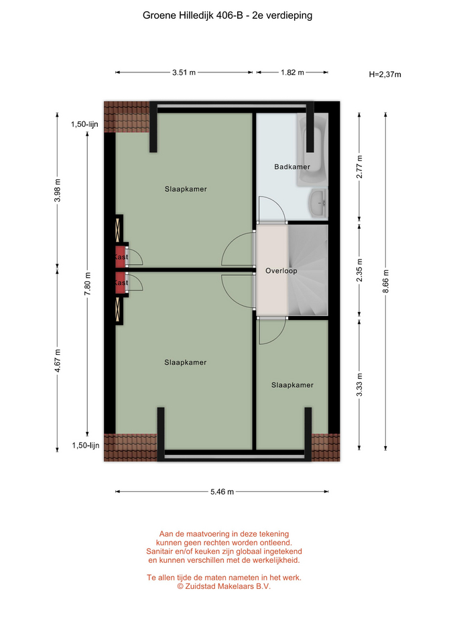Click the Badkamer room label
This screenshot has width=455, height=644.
pyautogui.click(x=292, y=167)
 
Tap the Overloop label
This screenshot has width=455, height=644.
pyautogui.click(x=281, y=270)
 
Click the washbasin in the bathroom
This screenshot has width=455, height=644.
pyautogui.click(x=318, y=203)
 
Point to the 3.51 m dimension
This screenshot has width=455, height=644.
pyautogui.click(x=184, y=72)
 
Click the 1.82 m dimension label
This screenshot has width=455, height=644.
pyautogui.click(x=292, y=72)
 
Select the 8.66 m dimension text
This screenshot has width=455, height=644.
pyautogui.click(x=386, y=281)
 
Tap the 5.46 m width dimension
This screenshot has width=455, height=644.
pyautogui.click(x=222, y=492)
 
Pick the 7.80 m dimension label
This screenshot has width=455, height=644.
pyautogui.click(x=87, y=283)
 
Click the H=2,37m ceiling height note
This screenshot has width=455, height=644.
pyautogui.click(x=385, y=74)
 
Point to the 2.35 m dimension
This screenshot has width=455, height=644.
pyautogui.click(x=359, y=270)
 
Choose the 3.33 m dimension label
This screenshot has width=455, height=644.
pyautogui.click(x=359, y=385)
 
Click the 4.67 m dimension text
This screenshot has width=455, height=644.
pyautogui.click(x=58, y=361)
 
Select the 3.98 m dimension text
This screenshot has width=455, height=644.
pyautogui.click(x=58, y=190)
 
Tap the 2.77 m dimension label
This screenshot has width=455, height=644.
pyautogui.click(x=359, y=166)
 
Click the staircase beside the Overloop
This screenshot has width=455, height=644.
pyautogui.click(x=308, y=270)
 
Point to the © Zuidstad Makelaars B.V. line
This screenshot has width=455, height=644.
pyautogui.click(x=224, y=586)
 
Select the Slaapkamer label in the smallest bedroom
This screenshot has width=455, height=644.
pyautogui.click(x=292, y=385)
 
